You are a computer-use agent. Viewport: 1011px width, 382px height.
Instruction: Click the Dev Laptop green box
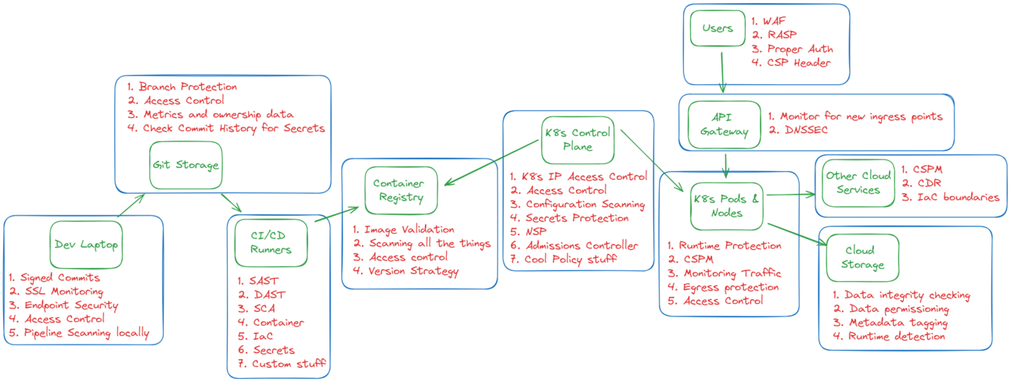(x=87, y=244)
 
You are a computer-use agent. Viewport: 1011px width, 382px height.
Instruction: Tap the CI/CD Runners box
(x=271, y=242)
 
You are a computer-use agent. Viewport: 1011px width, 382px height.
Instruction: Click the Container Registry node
(x=401, y=190)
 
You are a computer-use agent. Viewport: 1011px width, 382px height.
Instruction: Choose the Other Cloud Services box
(x=858, y=184)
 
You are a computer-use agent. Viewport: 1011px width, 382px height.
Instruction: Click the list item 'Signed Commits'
(x=60, y=277)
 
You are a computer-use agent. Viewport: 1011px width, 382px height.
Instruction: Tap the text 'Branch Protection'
(x=188, y=87)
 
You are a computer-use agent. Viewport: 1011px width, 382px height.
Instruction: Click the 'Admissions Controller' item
(x=582, y=245)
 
